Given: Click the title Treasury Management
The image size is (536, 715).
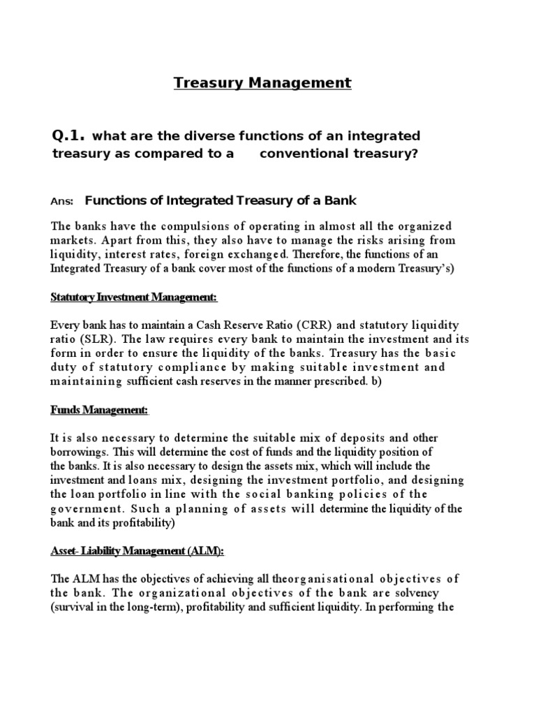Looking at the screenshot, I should coord(262,83).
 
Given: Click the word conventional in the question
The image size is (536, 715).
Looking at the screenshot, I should coord(295,154).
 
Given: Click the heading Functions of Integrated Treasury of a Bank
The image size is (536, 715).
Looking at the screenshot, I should coord(221,201).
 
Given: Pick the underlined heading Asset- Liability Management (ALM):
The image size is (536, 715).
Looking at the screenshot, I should coord(137,551).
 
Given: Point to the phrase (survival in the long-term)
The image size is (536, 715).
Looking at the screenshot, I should coord(118,607).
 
